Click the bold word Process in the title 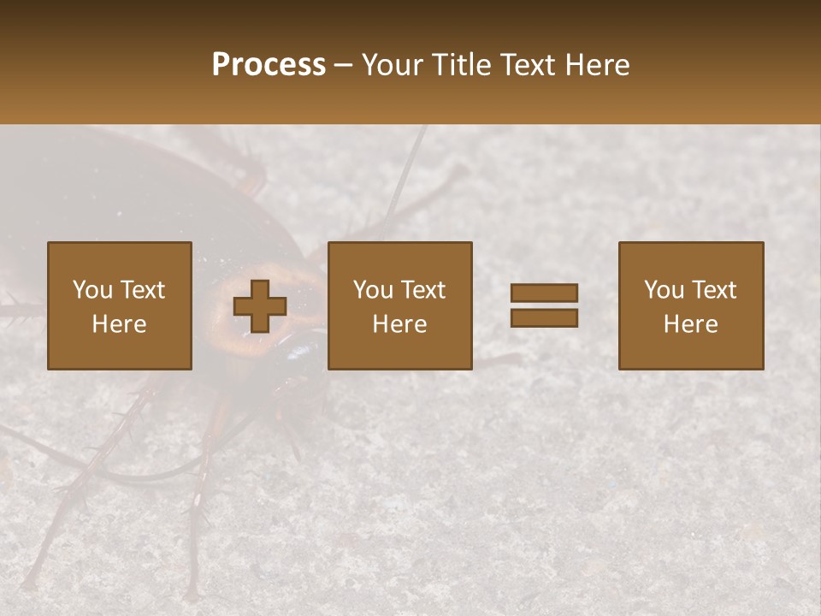269,65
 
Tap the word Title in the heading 460,65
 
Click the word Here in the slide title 600,65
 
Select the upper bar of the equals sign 544,293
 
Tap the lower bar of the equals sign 544,317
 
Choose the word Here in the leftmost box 119,324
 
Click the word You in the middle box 373,290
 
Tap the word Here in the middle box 399,324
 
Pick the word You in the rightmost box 664,290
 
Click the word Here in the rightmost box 690,324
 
